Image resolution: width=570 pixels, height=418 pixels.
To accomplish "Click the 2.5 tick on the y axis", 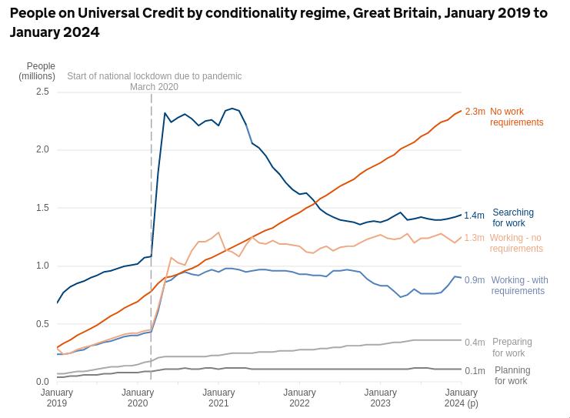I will [x=42, y=92].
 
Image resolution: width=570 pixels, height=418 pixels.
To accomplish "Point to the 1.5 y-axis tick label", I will [x=42, y=208].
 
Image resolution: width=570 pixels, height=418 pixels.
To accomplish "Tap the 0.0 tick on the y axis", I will [x=42, y=382].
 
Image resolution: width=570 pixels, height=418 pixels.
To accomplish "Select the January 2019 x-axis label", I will [x=57, y=398].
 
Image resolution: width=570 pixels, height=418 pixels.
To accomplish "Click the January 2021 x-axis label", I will [x=218, y=398].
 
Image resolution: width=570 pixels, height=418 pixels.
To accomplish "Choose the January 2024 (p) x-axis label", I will [x=461, y=398].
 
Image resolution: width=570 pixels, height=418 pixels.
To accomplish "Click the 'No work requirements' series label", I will [x=516, y=117].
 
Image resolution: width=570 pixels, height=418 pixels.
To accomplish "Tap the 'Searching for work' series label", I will [x=513, y=218].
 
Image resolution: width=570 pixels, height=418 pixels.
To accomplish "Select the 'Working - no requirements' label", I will [x=516, y=243].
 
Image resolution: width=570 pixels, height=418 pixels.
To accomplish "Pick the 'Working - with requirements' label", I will [x=519, y=286].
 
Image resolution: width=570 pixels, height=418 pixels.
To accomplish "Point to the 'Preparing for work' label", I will [x=512, y=347].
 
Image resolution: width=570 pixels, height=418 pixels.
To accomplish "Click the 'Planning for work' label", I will [x=512, y=376].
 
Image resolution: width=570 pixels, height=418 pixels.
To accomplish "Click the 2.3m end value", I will [x=475, y=112].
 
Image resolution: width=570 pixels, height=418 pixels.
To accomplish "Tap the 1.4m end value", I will [x=474, y=216].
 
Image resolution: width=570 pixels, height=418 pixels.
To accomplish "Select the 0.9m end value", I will [x=475, y=280].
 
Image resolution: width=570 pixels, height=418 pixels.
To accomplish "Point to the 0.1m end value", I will [x=475, y=371].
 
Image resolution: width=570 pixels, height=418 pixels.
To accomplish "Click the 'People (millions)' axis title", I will [x=38, y=72].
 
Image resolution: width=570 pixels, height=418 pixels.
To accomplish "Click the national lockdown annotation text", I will [x=154, y=82].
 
